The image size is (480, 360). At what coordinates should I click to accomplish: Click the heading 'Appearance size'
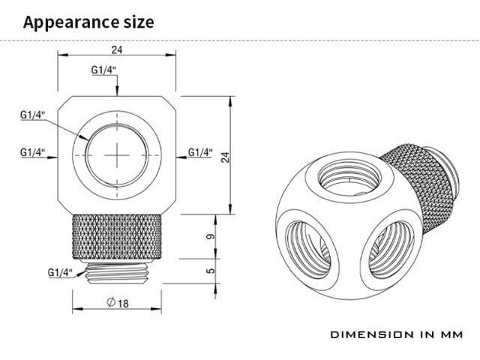(x=88, y=22)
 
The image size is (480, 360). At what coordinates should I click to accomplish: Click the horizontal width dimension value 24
(x=117, y=49)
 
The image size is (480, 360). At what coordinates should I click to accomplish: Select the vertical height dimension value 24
(x=225, y=157)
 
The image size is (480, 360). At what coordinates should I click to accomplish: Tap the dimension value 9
(x=211, y=236)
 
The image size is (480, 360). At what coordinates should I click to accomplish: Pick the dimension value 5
(x=211, y=271)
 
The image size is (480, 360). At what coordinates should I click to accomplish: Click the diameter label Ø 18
(x=118, y=303)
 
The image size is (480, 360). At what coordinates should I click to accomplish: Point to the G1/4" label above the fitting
(x=103, y=70)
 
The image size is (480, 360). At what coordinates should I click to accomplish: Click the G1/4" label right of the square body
(x=200, y=152)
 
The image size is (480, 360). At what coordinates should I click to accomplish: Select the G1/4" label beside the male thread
(x=60, y=272)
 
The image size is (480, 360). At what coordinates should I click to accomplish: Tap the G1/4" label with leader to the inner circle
(x=33, y=115)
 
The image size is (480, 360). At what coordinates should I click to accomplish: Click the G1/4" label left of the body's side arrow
(x=33, y=152)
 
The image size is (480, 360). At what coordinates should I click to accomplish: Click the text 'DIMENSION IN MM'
(x=397, y=334)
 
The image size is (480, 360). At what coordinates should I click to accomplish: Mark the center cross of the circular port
(x=117, y=155)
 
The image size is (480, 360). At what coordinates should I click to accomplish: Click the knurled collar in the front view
(x=117, y=237)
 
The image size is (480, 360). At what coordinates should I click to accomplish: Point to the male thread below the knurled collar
(x=117, y=272)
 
